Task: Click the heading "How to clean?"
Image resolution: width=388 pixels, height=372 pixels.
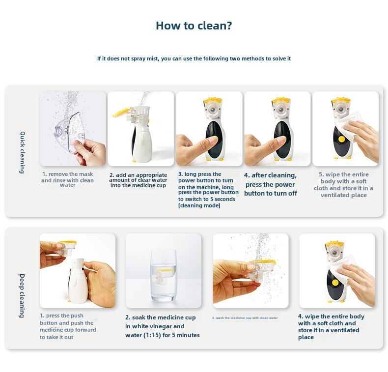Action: click(x=194, y=26)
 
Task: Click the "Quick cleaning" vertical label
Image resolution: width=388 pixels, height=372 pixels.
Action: click(x=22, y=152)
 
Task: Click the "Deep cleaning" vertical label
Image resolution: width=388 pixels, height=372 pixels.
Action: click(x=22, y=295)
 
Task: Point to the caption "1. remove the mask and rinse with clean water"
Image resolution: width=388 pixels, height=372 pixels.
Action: click(x=67, y=179)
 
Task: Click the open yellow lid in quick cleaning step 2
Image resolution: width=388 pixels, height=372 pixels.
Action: click(x=121, y=113)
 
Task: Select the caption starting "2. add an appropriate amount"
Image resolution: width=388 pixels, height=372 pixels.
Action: click(x=138, y=180)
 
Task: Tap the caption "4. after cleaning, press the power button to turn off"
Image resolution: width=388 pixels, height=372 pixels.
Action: click(x=271, y=184)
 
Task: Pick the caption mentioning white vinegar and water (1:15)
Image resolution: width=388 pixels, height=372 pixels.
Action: click(x=162, y=326)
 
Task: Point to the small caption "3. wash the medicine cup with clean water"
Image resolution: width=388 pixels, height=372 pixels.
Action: click(x=245, y=318)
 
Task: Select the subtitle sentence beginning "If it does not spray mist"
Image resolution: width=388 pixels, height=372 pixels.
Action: click(x=194, y=58)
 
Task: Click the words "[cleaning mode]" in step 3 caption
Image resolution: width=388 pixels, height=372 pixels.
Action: click(x=199, y=206)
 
